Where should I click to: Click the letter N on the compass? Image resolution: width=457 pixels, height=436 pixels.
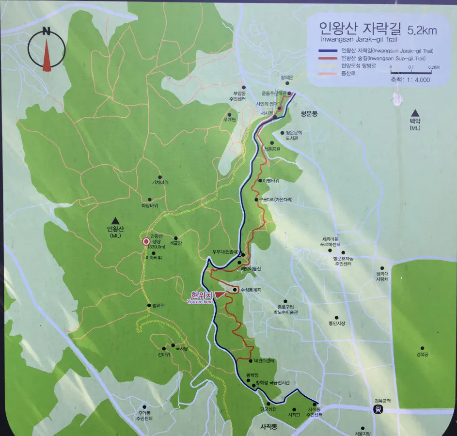tap(47, 32)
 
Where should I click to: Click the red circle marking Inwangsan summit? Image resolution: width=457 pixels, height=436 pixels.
tap(146, 241)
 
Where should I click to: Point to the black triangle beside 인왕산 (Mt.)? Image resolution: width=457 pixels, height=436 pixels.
tap(115, 220)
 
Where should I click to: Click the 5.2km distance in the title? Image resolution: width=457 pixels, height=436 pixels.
tap(422, 31)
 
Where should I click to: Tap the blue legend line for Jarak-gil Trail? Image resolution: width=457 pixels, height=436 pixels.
tap(329, 51)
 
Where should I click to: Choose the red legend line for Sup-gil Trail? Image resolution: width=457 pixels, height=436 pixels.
tap(329, 59)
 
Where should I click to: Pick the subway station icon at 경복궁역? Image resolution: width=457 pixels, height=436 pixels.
tap(378, 409)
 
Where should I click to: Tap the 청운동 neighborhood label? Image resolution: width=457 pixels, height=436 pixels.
tap(309, 114)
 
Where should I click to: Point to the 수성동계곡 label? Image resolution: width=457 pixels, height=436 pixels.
tap(251, 290)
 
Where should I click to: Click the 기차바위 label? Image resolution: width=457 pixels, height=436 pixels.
tap(160, 183)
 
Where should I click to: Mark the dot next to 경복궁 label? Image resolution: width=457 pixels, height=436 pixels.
tap(422, 348)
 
